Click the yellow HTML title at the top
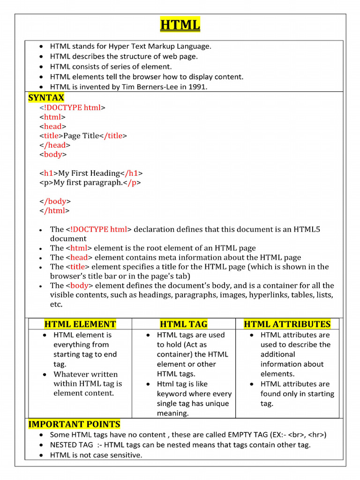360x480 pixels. click(180, 24)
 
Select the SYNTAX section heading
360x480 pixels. click(46, 97)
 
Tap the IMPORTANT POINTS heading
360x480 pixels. click(74, 424)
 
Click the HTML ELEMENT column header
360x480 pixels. click(80, 324)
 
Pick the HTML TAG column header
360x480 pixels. click(183, 324)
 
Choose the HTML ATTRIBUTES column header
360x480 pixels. click(287, 324)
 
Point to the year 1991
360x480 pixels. click(197, 87)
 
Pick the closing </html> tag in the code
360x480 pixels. click(54, 210)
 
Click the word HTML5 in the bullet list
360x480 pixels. click(307, 229)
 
